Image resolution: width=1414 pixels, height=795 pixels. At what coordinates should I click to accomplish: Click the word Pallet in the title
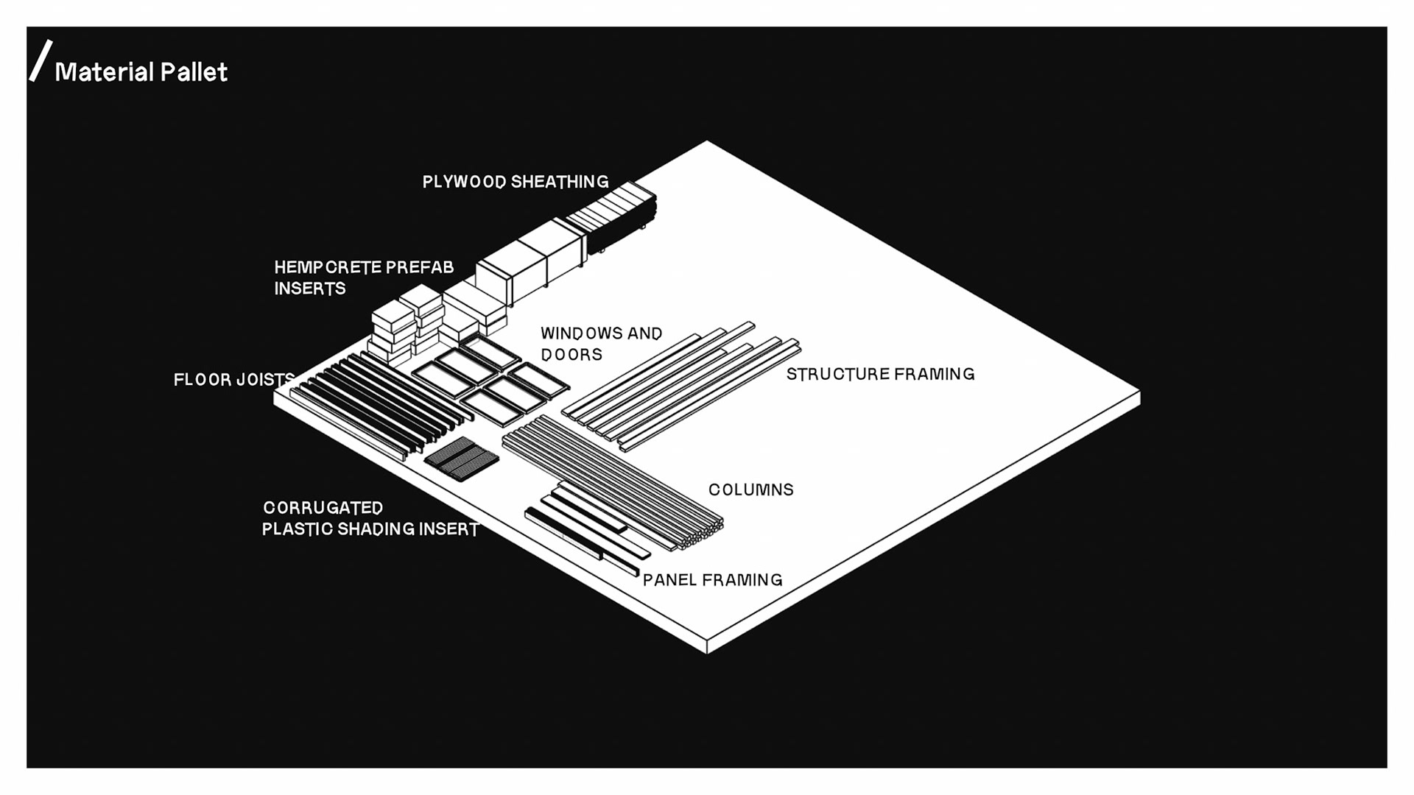click(194, 72)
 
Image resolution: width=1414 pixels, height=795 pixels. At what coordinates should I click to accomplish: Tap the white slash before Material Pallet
click(41, 60)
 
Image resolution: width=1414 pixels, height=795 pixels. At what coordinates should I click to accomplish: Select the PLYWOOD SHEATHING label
click(515, 182)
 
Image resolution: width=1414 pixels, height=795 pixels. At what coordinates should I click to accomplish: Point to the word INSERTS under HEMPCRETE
click(309, 289)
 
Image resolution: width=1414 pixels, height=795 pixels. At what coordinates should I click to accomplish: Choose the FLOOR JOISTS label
click(233, 380)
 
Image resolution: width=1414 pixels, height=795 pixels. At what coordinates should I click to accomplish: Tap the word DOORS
click(571, 355)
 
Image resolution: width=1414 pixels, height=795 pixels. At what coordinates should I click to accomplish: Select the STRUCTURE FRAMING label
click(880, 374)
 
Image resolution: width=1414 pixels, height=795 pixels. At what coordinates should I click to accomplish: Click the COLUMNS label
click(750, 490)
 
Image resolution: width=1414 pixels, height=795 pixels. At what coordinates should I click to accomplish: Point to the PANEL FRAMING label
click(712, 580)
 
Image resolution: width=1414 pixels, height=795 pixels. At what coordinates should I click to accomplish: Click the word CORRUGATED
click(323, 508)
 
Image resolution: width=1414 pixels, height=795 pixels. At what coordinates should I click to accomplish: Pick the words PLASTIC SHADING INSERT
click(370, 529)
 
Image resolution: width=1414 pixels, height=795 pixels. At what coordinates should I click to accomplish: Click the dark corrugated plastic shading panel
click(462, 458)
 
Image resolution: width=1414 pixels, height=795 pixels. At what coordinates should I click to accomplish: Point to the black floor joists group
click(379, 401)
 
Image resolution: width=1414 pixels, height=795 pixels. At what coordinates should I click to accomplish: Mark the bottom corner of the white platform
click(707, 651)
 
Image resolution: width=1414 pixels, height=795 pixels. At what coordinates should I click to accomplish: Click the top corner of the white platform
click(707, 142)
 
